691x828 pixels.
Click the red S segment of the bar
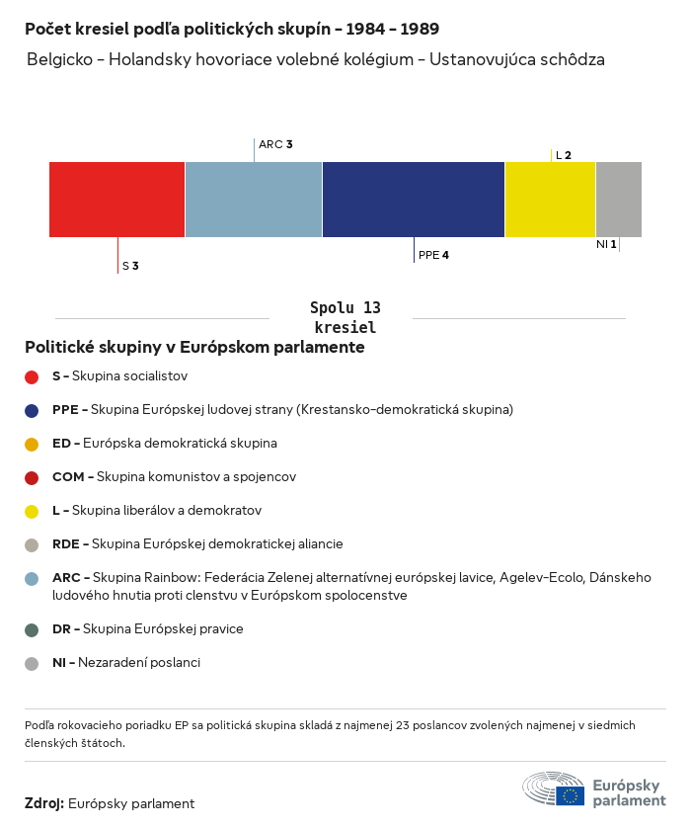(116, 200)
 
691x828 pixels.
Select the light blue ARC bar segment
(253, 200)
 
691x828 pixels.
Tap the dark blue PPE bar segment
(413, 200)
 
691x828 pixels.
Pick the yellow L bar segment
(550, 200)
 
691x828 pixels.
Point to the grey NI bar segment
(618, 200)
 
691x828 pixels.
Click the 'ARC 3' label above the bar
(275, 144)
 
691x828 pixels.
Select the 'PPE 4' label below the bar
(433, 255)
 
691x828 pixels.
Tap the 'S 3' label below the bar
(130, 266)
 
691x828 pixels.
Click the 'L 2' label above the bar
(563, 155)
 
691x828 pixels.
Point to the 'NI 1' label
(606, 244)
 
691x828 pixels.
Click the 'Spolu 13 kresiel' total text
(345, 317)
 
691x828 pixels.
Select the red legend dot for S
(32, 376)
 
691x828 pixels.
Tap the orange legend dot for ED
(32, 444)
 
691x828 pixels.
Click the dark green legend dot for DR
(32, 629)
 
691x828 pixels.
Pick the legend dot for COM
(32, 477)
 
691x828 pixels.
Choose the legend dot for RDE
(32, 544)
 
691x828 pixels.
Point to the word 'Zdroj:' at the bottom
(44, 803)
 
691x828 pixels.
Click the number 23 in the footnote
(402, 725)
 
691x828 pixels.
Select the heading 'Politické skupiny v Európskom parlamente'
(194, 348)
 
